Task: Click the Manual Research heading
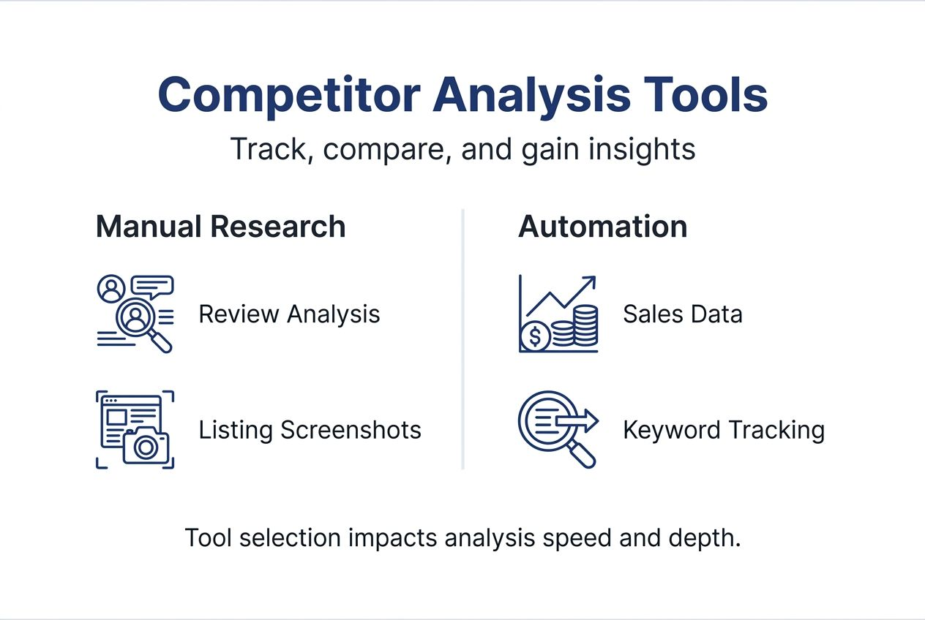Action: coord(220,227)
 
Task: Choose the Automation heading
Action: coord(602,227)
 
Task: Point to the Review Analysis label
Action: coord(289,314)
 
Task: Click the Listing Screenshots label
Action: coord(310,430)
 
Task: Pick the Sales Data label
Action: coord(682,314)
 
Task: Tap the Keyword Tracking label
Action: coord(723,430)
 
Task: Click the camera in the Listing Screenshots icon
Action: coord(146,446)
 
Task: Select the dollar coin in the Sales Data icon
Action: coord(536,337)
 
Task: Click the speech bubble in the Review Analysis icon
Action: coord(155,285)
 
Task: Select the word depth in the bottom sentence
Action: coord(705,538)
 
